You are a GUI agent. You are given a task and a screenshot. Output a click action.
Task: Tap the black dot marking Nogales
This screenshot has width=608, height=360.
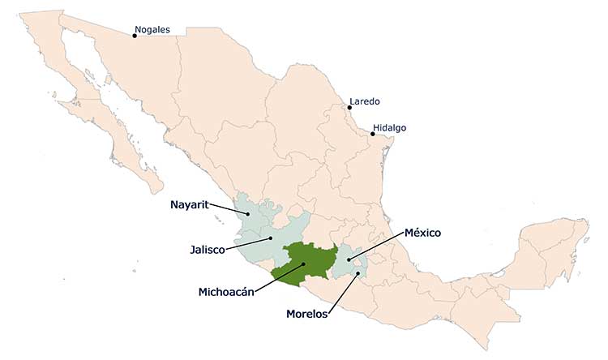[x=135, y=36]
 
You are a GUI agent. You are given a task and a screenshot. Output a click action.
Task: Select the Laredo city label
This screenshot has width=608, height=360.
[x=364, y=101]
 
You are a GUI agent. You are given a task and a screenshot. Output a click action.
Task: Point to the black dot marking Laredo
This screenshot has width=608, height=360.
[x=347, y=108]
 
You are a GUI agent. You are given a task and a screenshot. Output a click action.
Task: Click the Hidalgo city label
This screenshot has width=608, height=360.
[x=390, y=128]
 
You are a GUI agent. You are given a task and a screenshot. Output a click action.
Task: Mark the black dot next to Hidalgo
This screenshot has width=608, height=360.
[x=372, y=134]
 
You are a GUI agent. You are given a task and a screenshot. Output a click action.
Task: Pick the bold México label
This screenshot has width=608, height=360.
[x=422, y=233]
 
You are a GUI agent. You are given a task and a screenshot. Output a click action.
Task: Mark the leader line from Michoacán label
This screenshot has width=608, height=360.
[x=280, y=276]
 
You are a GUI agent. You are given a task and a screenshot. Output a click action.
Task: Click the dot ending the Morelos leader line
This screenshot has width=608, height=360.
[x=358, y=273]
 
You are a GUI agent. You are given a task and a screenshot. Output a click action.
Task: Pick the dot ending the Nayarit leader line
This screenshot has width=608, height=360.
[x=248, y=214]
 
